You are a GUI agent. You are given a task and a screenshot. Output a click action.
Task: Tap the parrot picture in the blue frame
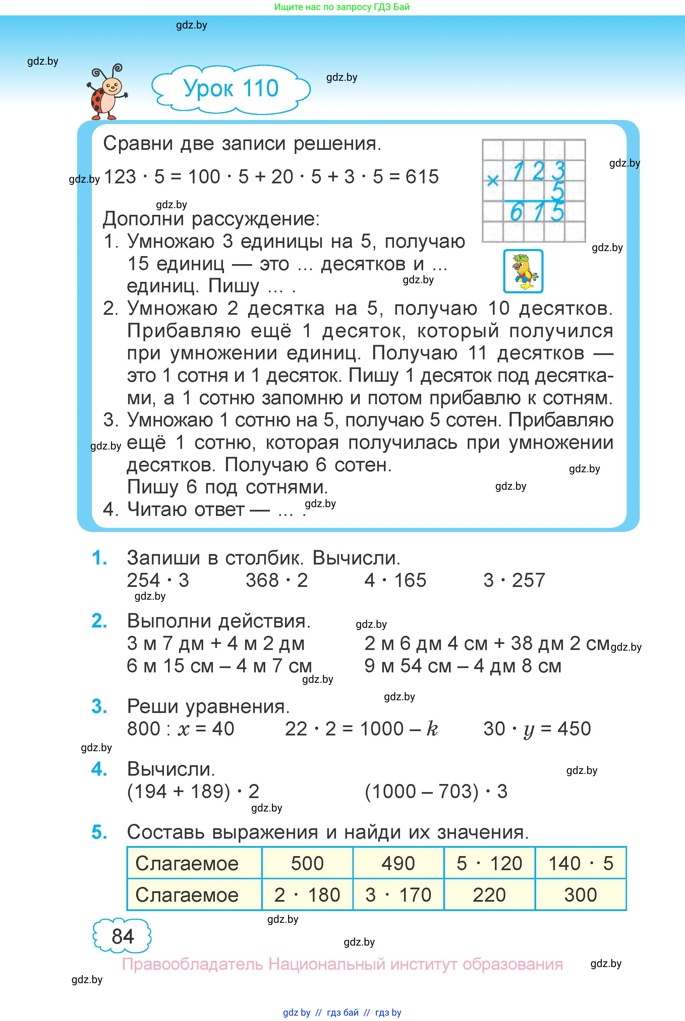point(523,271)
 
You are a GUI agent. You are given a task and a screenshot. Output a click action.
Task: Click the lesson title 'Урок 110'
point(231,88)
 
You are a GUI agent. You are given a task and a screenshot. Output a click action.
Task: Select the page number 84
point(122,936)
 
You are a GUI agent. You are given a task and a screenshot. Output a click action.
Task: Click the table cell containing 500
point(307,863)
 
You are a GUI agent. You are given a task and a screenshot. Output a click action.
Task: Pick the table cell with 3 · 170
point(398,895)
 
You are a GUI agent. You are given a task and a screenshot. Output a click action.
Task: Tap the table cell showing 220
point(489,895)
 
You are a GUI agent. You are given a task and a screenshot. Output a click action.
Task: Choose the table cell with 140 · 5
point(581,863)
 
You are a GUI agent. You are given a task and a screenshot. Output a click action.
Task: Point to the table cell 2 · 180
point(307,895)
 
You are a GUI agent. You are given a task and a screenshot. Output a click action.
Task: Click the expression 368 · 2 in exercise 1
point(277,580)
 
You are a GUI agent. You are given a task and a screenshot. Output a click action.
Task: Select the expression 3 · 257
point(514,580)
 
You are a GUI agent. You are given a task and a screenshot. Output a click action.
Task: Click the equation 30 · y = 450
point(537,729)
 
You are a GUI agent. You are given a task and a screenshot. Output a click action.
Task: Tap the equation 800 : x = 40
point(180,729)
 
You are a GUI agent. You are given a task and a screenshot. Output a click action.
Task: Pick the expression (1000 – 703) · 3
point(436,792)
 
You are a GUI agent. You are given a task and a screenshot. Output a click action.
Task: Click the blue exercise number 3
point(99,707)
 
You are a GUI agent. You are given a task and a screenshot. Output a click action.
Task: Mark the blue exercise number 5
point(99,832)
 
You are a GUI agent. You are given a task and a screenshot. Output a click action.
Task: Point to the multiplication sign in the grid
point(493,180)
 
